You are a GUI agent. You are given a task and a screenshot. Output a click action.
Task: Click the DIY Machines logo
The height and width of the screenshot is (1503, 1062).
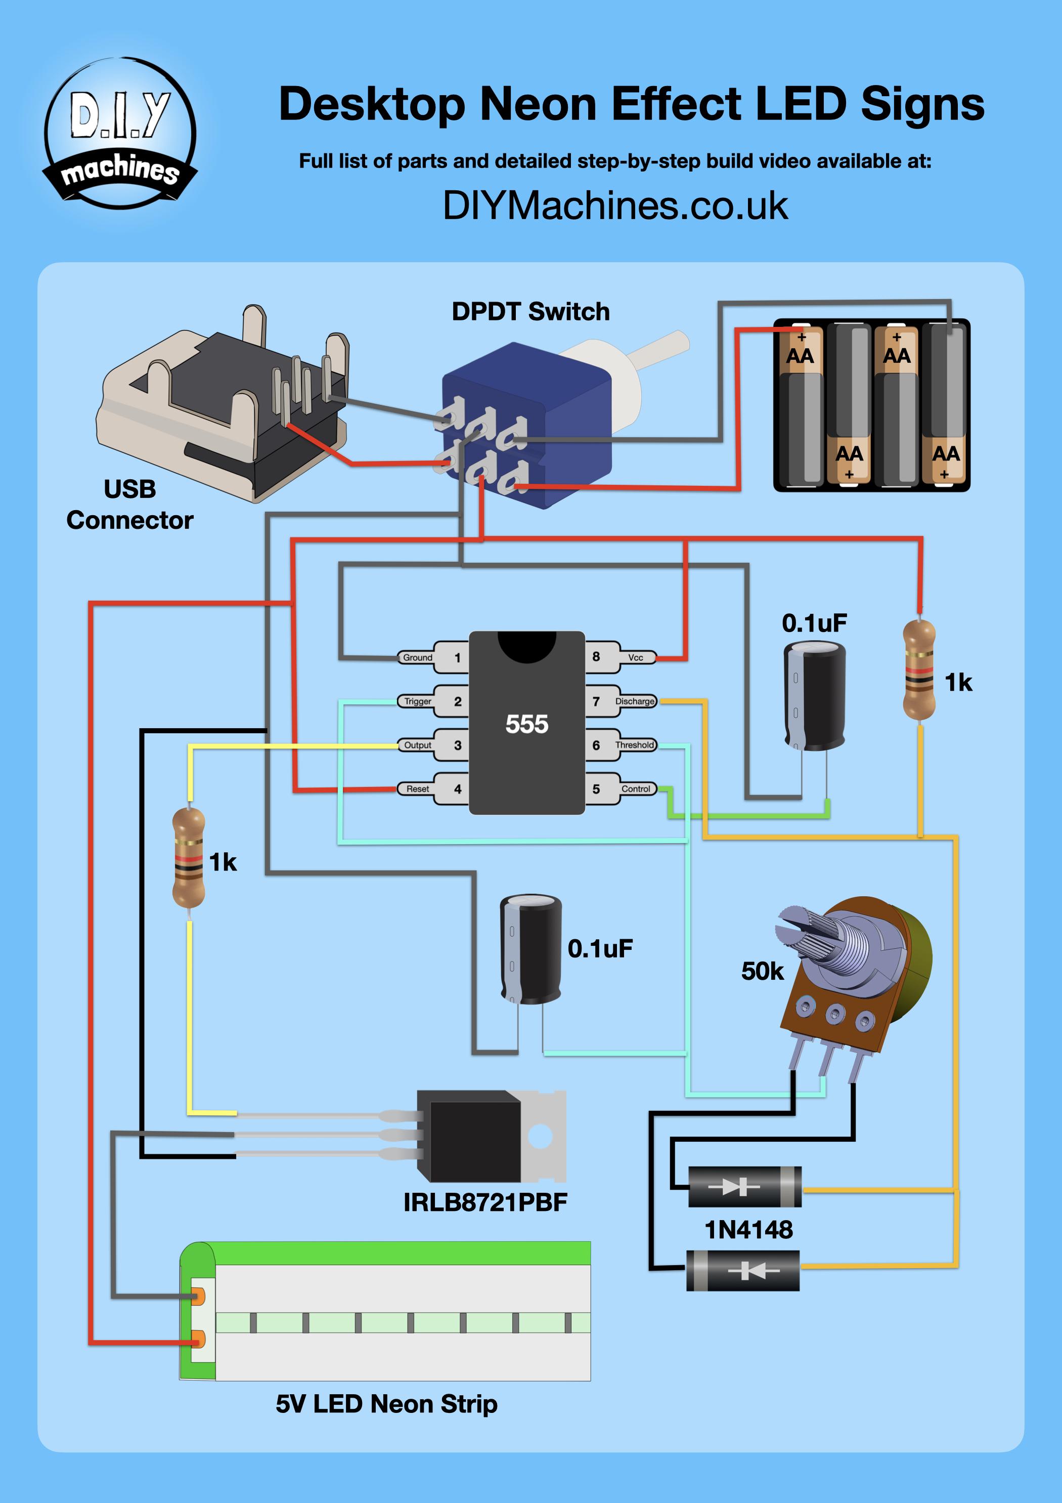(x=120, y=134)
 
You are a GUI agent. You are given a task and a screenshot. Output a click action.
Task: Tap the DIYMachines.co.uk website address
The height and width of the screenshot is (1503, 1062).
(x=615, y=205)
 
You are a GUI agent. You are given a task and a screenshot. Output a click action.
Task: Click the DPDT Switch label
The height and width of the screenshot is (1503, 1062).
(x=530, y=312)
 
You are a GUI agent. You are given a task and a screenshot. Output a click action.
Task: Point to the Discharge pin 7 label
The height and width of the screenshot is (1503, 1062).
(x=634, y=701)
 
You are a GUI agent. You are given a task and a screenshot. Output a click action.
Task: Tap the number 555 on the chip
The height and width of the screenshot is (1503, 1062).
(x=527, y=724)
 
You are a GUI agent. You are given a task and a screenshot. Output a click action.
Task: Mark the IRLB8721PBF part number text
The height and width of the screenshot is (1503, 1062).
(x=485, y=1202)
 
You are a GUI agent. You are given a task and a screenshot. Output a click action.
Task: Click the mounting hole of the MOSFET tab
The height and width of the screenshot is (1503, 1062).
(x=541, y=1137)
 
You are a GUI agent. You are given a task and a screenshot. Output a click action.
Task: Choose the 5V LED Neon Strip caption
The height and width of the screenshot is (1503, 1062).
(x=386, y=1404)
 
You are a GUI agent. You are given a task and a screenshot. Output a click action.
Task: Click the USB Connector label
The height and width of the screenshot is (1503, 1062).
(x=129, y=505)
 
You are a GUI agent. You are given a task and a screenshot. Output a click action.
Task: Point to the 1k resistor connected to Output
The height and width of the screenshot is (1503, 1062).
(x=189, y=858)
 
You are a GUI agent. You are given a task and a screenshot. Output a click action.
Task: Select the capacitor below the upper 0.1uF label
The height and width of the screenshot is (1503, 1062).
(x=815, y=696)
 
